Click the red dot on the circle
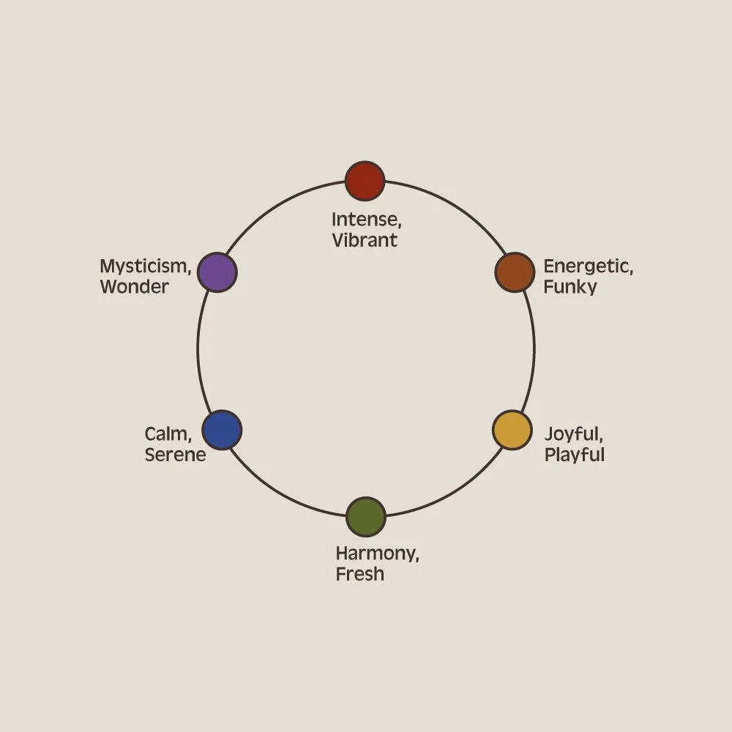click(365, 181)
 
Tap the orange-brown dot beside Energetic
click(515, 272)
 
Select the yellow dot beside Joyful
click(512, 430)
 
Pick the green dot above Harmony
click(365, 517)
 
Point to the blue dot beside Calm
click(222, 430)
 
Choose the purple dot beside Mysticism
click(217, 272)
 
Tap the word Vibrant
click(365, 240)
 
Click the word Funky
click(570, 287)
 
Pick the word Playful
click(574, 455)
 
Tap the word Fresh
click(359, 574)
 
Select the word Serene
click(175, 455)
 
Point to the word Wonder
click(134, 287)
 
